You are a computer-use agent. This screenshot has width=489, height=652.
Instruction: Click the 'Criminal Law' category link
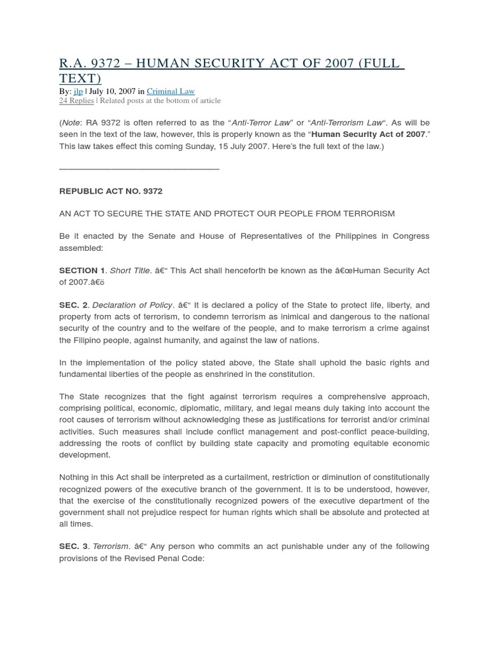171,91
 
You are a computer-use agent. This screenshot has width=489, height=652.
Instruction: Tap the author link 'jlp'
78,91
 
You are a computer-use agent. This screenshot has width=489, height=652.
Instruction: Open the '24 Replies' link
76,101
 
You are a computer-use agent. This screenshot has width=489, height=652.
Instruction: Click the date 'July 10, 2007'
112,91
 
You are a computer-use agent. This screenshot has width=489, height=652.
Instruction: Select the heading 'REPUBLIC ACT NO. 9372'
111,191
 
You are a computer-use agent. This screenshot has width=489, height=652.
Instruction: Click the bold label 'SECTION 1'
82,271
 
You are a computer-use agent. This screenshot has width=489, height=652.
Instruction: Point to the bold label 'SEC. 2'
73,305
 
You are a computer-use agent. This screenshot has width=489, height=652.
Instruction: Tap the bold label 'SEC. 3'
73,546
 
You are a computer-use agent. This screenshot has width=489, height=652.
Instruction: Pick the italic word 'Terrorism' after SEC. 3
111,546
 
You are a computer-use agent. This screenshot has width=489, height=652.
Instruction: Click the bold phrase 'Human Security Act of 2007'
368,134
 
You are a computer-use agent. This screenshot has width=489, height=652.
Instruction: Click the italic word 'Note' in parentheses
71,122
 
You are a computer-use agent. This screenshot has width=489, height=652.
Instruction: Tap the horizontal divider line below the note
139,169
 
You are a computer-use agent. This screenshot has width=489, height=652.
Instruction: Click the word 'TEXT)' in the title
80,78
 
